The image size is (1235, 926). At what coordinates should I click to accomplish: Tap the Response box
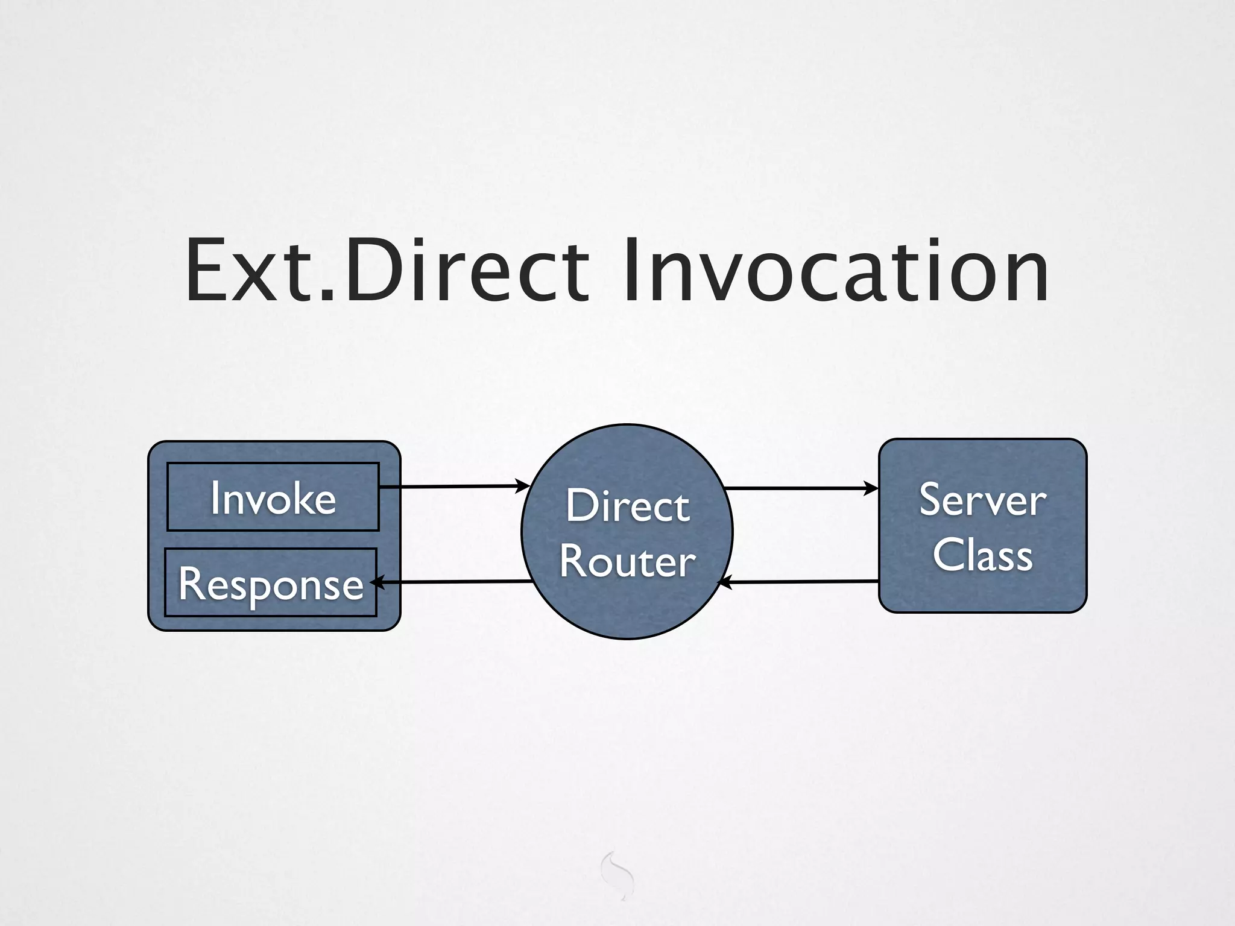[270, 584]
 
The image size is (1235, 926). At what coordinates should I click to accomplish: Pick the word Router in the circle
[627, 561]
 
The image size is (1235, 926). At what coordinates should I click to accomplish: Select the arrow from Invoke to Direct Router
[452, 486]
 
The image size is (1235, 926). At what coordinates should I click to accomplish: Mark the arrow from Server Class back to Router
[802, 582]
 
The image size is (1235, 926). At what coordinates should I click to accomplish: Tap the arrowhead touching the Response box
[376, 583]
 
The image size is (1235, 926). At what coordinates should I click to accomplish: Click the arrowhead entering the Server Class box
[872, 488]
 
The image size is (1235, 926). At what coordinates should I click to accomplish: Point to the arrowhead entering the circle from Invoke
[522, 485]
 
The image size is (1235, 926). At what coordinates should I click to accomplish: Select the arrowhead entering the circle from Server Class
[725, 582]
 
